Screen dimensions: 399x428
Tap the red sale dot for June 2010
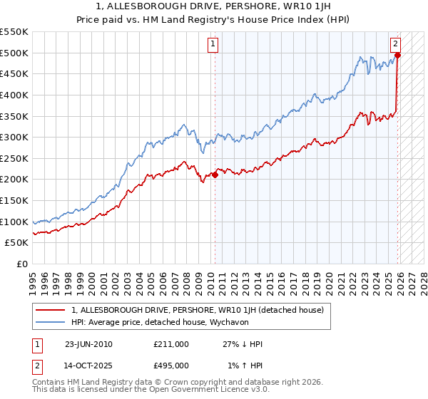215,175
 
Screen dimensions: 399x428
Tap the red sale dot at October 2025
398,55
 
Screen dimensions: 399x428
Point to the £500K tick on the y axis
15,53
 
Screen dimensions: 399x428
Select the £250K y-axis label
15,180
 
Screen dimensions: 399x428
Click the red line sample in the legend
51,310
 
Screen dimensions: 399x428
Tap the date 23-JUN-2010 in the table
88,344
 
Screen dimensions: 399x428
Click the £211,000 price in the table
171,344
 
